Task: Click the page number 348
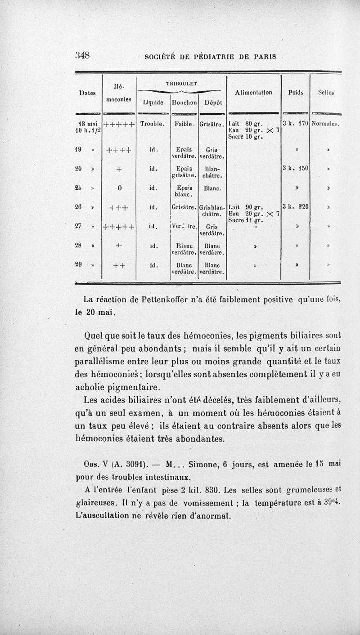point(83,56)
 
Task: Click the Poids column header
point(296,93)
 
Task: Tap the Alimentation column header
point(254,93)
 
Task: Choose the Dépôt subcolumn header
point(211,102)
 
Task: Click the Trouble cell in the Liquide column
point(153,122)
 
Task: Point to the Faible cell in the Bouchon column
point(184,122)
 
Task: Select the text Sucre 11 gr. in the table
point(245,220)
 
